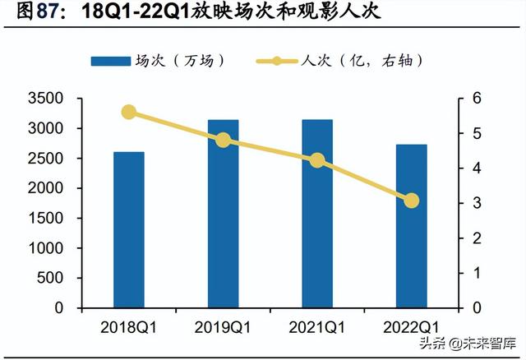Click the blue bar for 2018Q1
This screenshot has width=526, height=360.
[x=129, y=230]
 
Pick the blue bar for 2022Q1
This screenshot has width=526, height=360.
[x=411, y=226]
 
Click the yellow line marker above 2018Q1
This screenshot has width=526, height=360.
[x=129, y=113]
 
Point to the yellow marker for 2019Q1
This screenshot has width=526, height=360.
[x=223, y=141]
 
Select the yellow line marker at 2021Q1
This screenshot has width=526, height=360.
[x=317, y=161]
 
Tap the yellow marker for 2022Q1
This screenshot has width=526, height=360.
[x=411, y=201]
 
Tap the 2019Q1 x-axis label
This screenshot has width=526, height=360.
[x=223, y=327]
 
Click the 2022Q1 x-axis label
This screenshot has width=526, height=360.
[x=411, y=327]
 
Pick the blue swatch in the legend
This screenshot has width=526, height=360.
[x=112, y=62]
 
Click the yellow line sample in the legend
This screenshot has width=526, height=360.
[x=277, y=62]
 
